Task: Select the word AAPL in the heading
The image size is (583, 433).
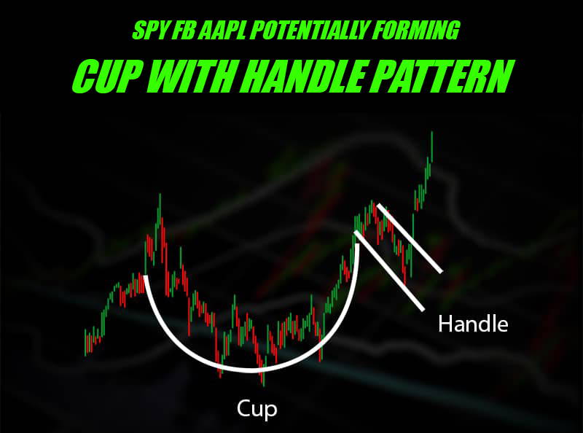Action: pos(222,30)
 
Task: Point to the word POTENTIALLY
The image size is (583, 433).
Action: pos(308,30)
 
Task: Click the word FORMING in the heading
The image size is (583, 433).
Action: pos(415,30)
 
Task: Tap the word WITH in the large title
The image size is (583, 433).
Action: pos(196,77)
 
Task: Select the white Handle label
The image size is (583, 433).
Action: pos(473,324)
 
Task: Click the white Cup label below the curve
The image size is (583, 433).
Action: pos(257,409)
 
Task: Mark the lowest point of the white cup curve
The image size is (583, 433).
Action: pos(252,370)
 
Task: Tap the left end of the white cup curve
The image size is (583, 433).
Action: pos(145,276)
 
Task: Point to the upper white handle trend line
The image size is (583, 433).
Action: pos(410,238)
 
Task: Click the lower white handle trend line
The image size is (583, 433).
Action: pos(390,270)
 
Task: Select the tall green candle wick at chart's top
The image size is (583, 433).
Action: pos(431,146)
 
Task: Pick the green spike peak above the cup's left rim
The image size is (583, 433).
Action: pos(160,194)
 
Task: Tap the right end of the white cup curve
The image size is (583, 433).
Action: pos(358,245)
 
